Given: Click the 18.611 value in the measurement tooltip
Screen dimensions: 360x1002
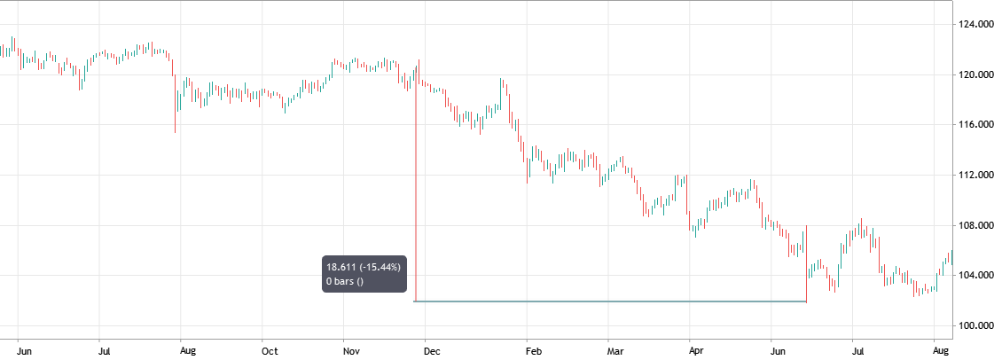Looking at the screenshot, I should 342,266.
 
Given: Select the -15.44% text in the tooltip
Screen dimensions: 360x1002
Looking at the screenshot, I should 381,266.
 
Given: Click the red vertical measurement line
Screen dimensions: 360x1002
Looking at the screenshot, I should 416,195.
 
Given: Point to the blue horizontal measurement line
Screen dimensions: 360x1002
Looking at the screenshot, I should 612,301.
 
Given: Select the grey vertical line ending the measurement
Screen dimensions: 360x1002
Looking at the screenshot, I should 806,266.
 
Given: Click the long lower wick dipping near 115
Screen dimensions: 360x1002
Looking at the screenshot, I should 175,124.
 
